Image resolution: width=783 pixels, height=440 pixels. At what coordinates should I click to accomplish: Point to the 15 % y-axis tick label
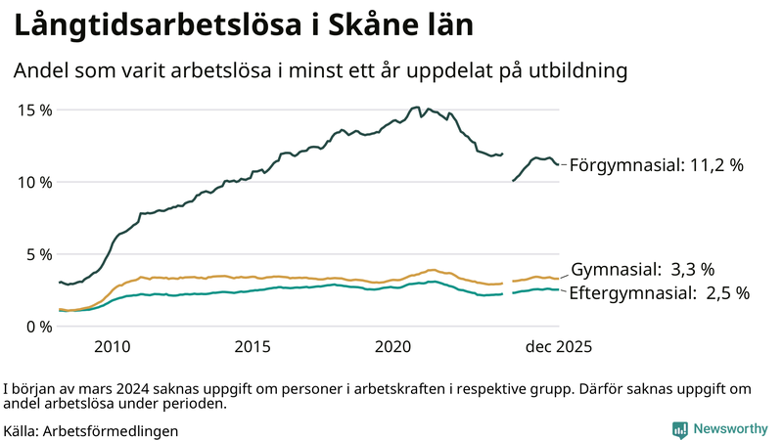36,110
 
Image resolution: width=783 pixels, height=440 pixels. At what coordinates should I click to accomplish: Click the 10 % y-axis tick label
36,182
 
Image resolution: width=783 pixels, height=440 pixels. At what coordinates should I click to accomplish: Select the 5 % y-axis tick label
40,254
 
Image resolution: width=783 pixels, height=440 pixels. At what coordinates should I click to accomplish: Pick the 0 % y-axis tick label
40,327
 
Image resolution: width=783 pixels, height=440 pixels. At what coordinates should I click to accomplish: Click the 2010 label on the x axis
112,346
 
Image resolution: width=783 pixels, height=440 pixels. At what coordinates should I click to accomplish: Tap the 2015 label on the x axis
253,346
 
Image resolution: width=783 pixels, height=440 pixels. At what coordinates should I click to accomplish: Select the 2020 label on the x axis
393,346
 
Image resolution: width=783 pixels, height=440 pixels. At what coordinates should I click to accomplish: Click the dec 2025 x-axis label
559,346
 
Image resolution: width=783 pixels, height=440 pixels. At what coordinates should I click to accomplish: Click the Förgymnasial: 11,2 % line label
657,165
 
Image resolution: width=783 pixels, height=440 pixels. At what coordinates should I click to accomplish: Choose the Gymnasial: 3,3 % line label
643,269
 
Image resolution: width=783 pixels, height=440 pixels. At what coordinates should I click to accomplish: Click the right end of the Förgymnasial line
559,164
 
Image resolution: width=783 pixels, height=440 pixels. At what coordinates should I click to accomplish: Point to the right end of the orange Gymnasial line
559,279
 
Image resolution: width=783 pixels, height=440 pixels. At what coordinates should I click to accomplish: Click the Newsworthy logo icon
679,429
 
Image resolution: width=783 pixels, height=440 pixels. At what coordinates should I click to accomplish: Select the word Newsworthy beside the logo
730,429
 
